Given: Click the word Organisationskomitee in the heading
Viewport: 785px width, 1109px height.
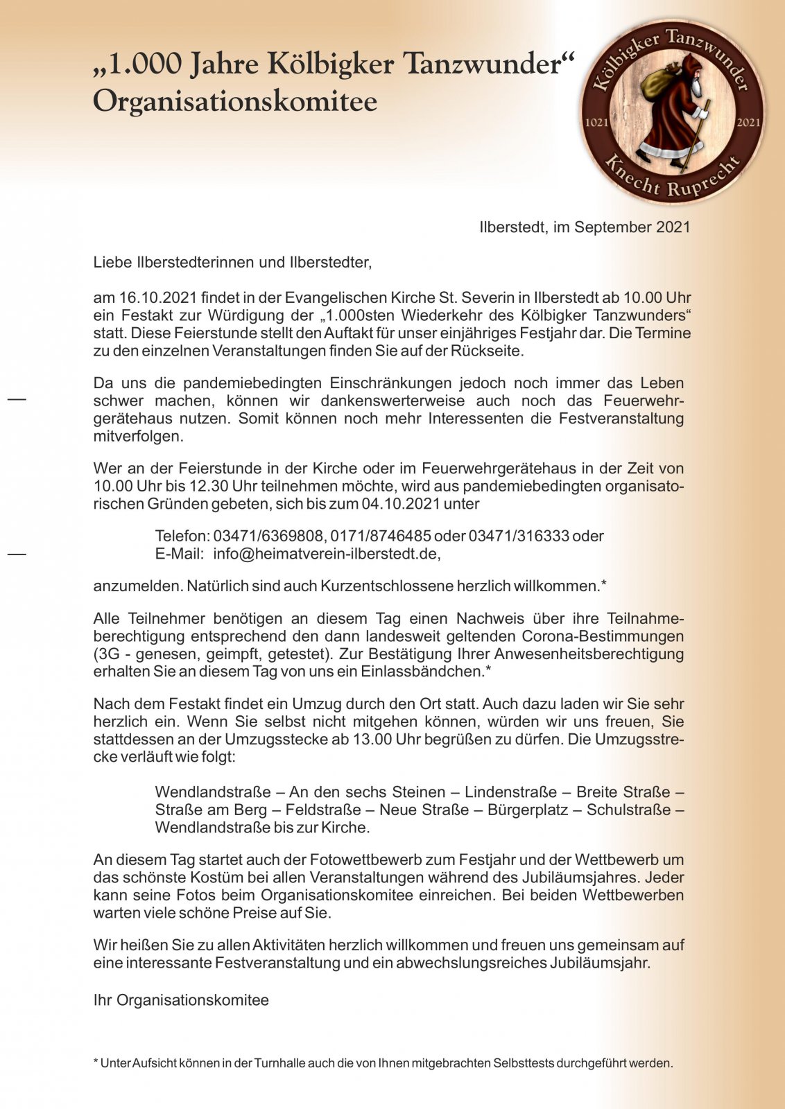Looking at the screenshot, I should point(235,101).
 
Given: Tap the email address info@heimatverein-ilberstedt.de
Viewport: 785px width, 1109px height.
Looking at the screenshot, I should point(326,554).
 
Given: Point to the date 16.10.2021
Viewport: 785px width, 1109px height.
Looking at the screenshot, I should point(157,298).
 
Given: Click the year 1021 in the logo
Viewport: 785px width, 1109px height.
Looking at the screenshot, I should point(597,123).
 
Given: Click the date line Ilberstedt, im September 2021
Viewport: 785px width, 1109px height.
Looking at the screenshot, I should point(585,227).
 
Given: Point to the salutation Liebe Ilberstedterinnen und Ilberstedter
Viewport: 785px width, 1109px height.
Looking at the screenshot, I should point(232,263).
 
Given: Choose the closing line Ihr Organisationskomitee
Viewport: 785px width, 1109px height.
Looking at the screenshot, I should point(181,1000).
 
